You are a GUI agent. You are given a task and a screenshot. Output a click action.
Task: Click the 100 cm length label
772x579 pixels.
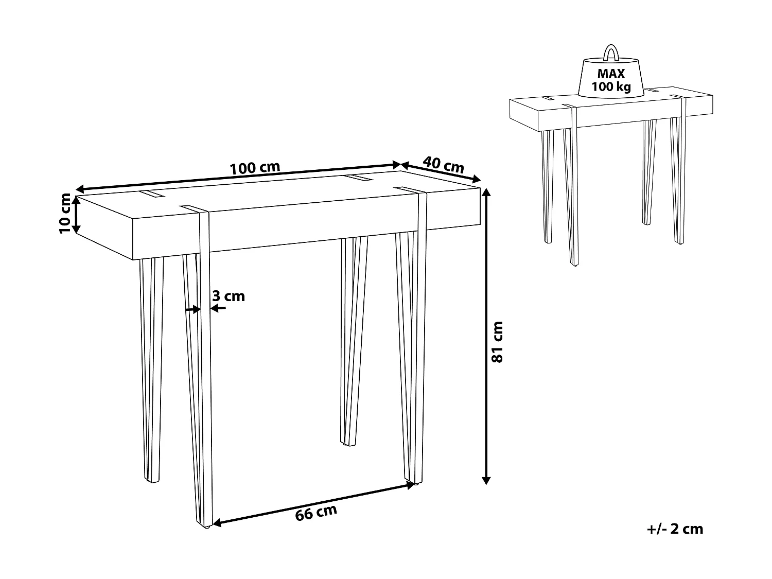pyautogui.click(x=255, y=168)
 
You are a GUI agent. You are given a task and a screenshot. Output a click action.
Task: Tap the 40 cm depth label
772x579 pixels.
pyautogui.click(x=443, y=165)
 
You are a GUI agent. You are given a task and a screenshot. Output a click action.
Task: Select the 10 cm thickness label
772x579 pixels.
pyautogui.click(x=65, y=213)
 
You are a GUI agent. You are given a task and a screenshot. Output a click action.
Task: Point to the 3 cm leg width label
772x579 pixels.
pyautogui.click(x=229, y=296)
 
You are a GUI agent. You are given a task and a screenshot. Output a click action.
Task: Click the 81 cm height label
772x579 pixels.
pyautogui.click(x=497, y=342)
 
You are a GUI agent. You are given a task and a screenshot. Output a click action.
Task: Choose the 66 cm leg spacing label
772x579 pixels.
pyautogui.click(x=316, y=513)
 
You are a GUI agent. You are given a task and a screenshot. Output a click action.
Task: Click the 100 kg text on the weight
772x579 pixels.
pyautogui.click(x=611, y=86)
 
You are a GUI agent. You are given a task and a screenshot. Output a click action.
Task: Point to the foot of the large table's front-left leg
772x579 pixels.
pyautogui.click(x=204, y=526)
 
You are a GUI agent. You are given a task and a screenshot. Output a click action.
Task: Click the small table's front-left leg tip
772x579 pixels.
pyautogui.click(x=572, y=264)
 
